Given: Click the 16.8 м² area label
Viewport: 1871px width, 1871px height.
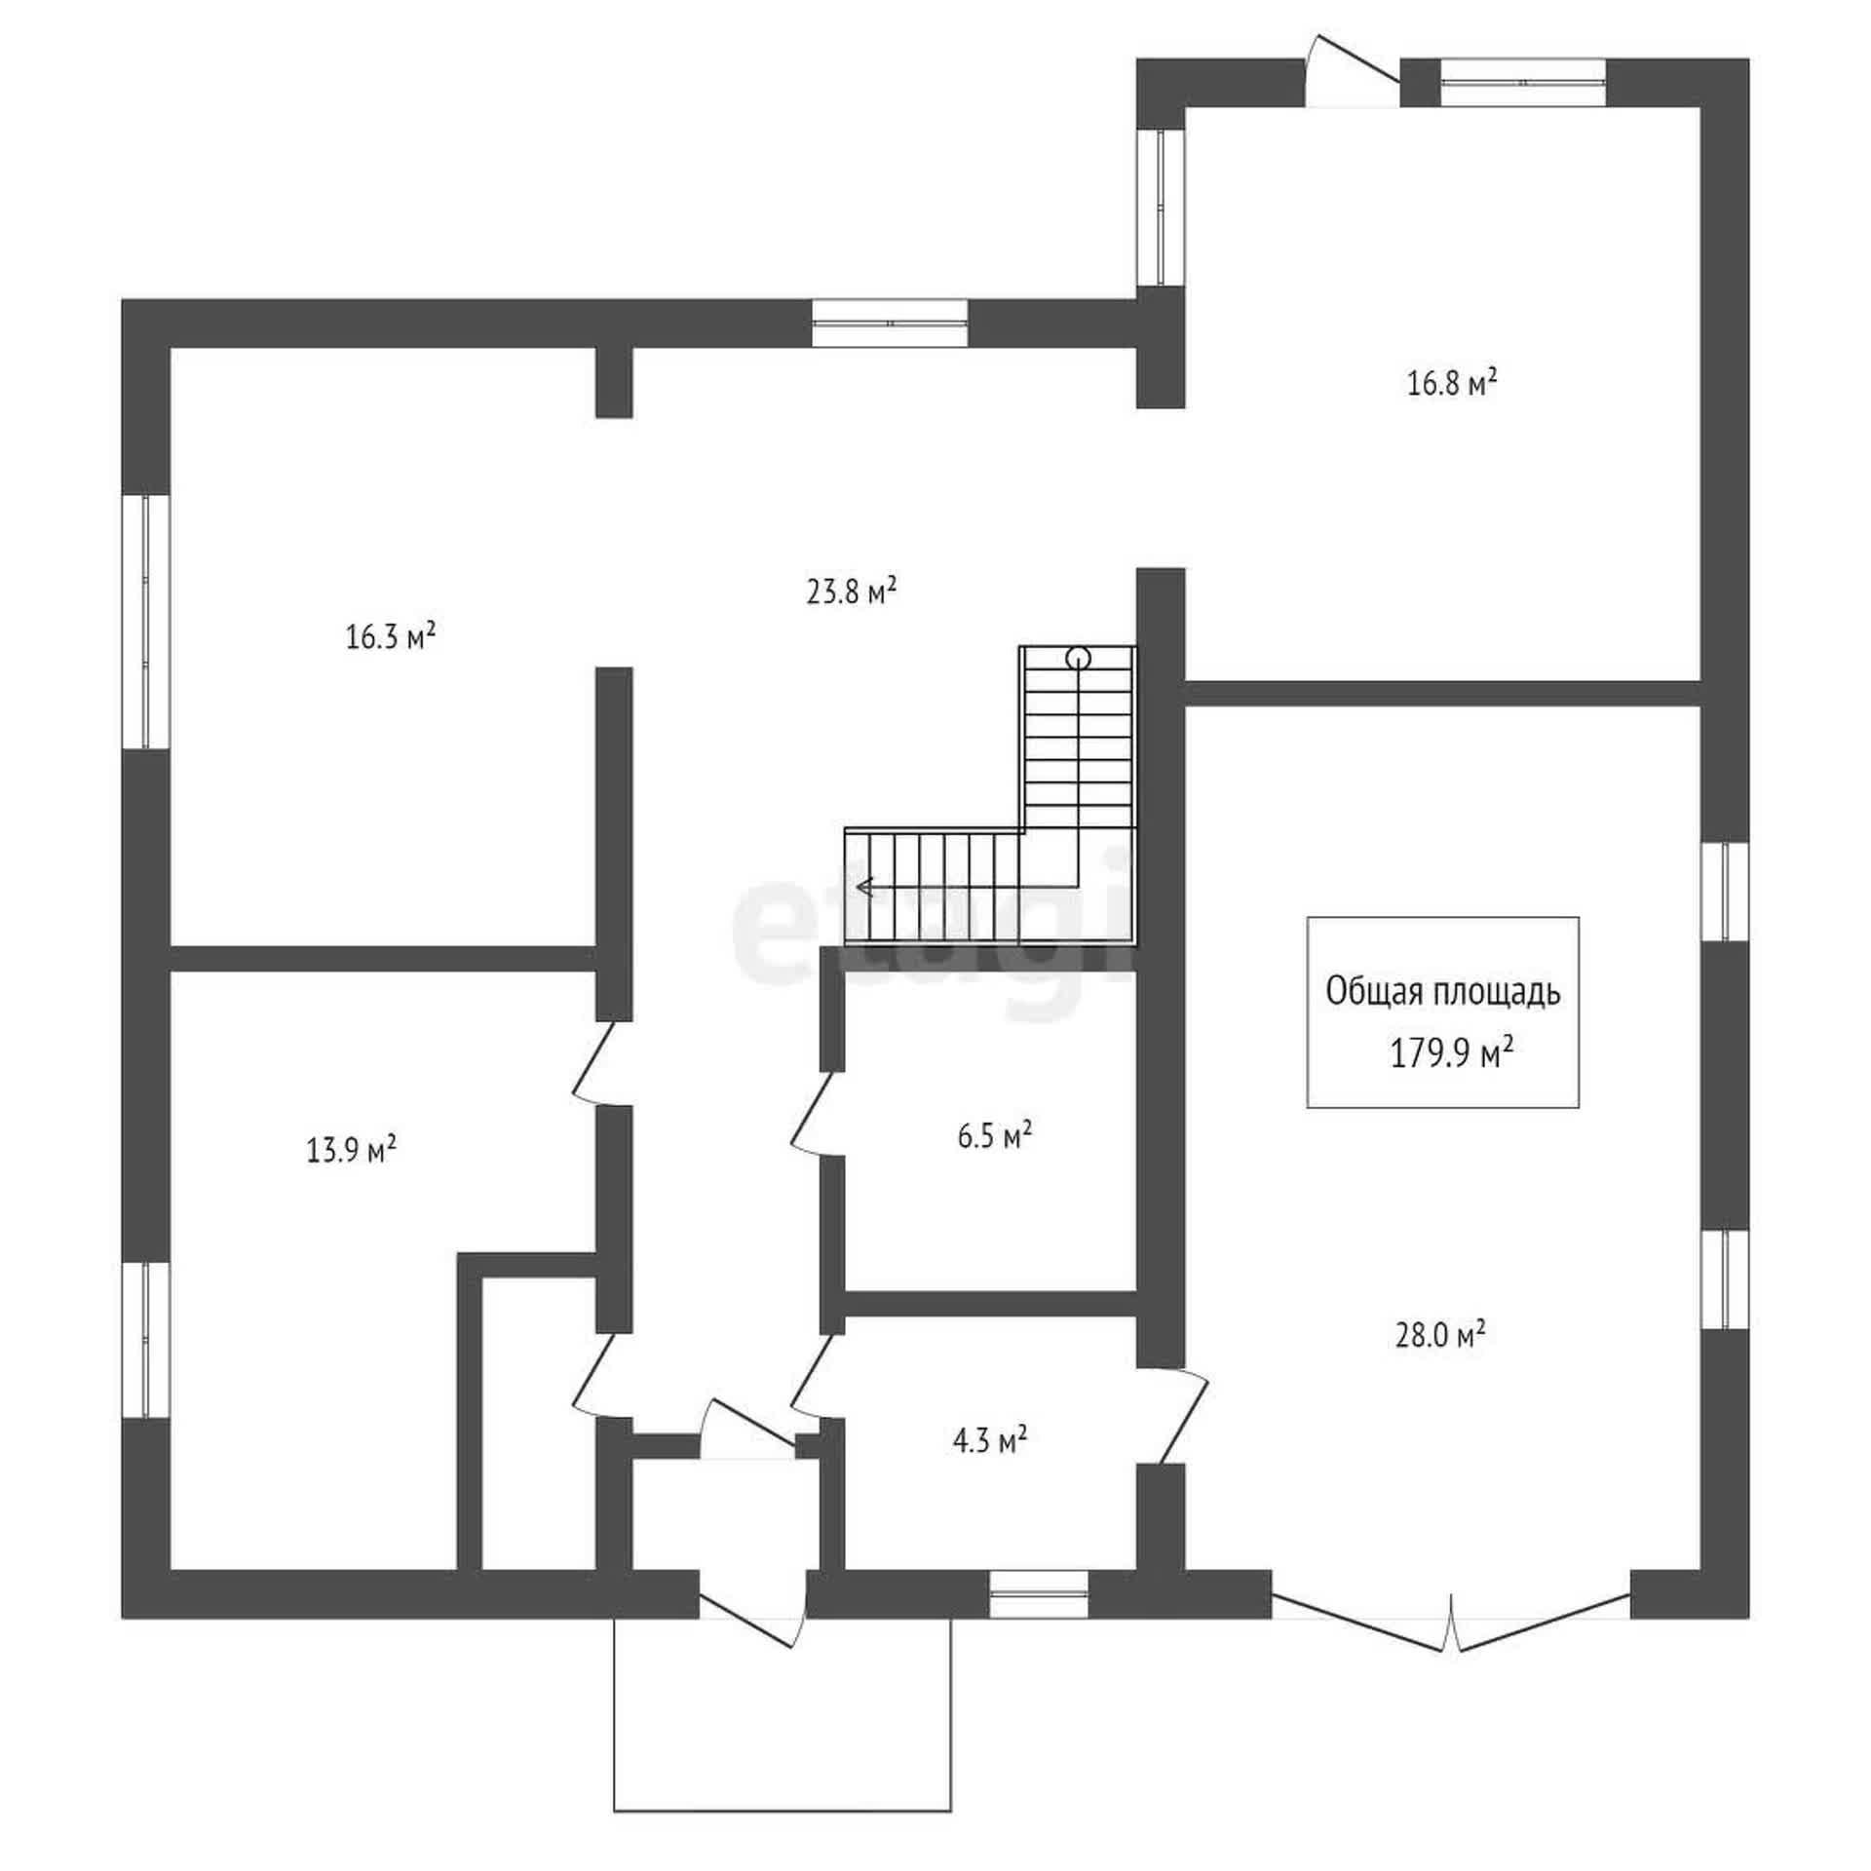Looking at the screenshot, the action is coord(1452,383).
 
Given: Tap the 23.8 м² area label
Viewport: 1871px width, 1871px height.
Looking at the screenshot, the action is coord(851,592).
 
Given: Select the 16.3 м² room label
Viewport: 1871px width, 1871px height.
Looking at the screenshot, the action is coord(390,637).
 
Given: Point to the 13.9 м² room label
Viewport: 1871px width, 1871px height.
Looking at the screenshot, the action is coord(351,1150).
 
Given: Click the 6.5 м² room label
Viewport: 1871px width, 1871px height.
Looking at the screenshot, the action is coord(995,1136).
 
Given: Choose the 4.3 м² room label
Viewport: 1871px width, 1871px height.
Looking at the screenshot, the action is coord(991,1439).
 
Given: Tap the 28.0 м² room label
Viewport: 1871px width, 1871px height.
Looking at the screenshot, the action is coord(1440,1334).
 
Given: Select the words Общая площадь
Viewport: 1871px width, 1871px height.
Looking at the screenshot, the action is coord(1443,992).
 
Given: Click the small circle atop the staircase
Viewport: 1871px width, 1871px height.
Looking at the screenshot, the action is coord(1078,658).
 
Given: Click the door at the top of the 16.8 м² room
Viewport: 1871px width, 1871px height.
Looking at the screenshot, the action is coord(1354,73).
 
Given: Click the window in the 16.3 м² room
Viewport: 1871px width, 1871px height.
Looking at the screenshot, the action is coord(145,622).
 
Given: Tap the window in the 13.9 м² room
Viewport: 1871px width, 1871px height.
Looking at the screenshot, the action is coord(145,1340).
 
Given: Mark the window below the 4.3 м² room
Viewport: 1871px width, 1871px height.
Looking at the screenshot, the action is coord(1039,1594).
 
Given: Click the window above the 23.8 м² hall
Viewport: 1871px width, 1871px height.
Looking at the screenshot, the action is coord(891,323).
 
